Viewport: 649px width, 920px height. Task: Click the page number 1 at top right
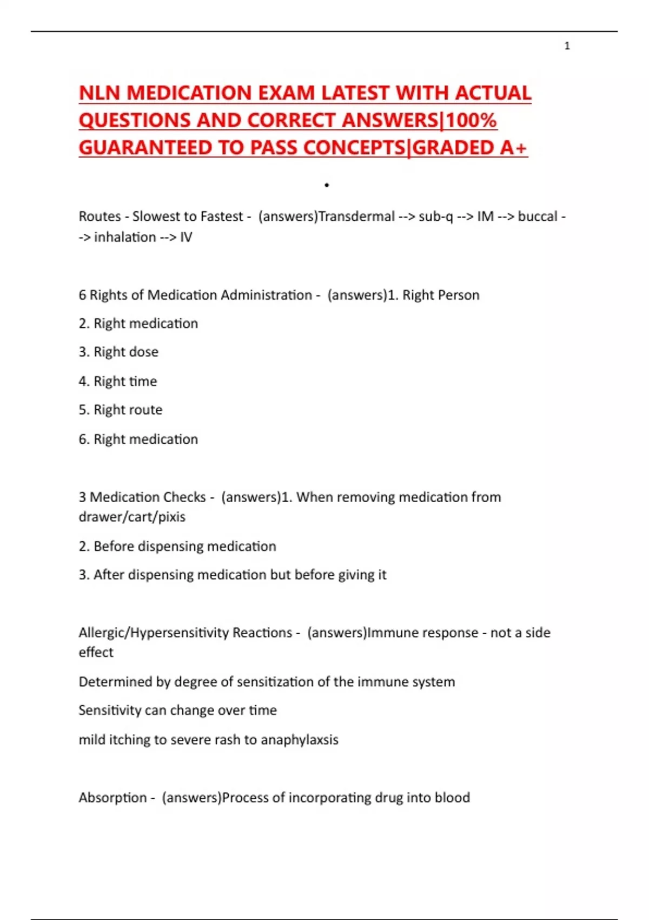tap(567, 46)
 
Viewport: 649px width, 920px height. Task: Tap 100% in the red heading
tap(471, 120)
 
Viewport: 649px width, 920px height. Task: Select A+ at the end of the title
tap(513, 147)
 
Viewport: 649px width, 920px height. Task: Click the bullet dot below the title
tap(327, 185)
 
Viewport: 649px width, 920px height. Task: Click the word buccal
tap(538, 216)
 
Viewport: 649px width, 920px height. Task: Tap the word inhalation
tap(125, 237)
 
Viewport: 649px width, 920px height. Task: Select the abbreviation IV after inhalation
tap(186, 237)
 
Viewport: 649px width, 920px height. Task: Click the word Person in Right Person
tap(459, 295)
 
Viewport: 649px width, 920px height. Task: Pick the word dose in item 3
tap(143, 352)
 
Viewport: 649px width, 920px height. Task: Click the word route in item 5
tap(145, 410)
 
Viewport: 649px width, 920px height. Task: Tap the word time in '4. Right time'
tap(143, 381)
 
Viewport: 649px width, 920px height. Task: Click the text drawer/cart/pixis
tap(132, 517)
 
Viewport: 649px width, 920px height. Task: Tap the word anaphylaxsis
tap(300, 740)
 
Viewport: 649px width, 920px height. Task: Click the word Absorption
tap(112, 798)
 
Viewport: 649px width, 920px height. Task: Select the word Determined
tap(115, 682)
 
